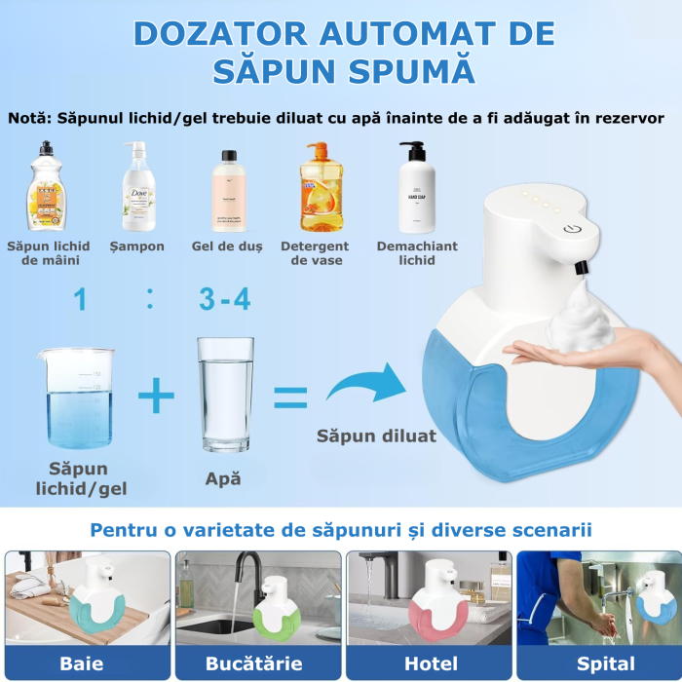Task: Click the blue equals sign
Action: click(289, 397)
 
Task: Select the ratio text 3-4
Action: click(224, 299)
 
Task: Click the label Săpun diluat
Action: click(376, 436)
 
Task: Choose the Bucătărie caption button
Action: click(259, 664)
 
